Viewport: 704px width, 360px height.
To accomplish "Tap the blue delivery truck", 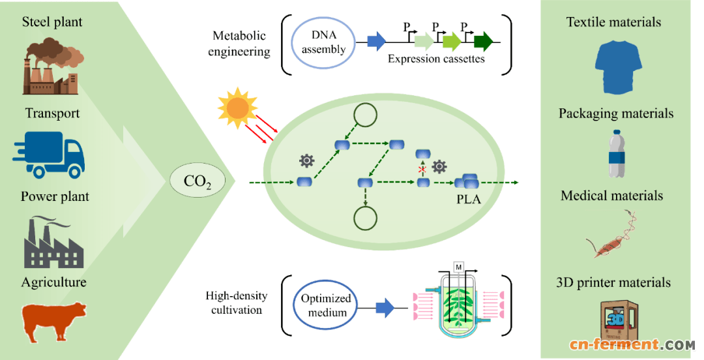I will pyautogui.click(x=48, y=153).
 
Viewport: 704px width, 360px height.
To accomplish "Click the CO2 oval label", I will pyautogui.click(x=197, y=181).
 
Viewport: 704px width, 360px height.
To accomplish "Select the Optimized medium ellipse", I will pyautogui.click(x=326, y=307).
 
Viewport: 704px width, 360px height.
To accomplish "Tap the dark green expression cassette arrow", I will pyautogui.click(x=483, y=43).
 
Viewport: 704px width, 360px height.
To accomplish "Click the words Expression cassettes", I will pyautogui.click(x=436, y=59).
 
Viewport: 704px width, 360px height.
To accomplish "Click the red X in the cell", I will pyautogui.click(x=422, y=169).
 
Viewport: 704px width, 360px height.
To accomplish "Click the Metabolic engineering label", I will pyautogui.click(x=239, y=43).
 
